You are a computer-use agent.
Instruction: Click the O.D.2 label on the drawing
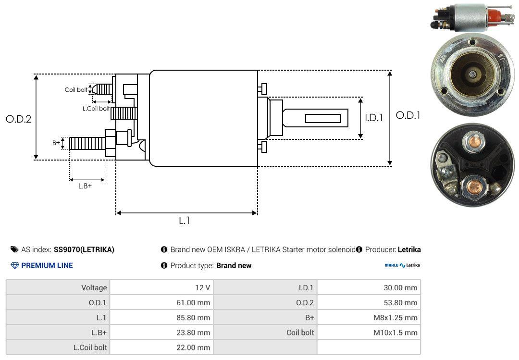click(19, 119)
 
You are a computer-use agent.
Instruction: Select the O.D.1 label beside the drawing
click(408, 115)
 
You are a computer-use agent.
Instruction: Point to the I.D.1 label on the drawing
click(374, 118)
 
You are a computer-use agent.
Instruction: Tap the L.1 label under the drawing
click(185, 221)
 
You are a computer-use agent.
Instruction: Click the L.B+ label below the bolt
click(85, 186)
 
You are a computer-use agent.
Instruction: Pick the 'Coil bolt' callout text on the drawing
click(76, 90)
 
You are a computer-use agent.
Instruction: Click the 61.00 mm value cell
click(161, 302)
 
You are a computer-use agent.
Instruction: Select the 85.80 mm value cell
click(161, 318)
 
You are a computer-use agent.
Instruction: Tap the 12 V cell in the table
click(161, 287)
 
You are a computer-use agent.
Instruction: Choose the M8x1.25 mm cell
click(369, 318)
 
